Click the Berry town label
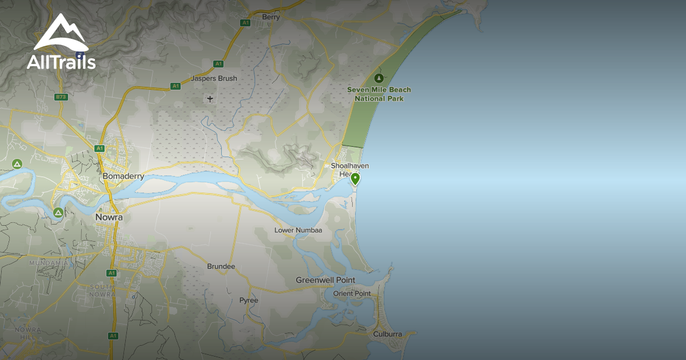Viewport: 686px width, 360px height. tap(271, 17)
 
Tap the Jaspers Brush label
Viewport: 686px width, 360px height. tap(214, 78)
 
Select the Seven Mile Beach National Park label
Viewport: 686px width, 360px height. tap(379, 94)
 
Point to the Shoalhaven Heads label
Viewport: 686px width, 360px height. tap(349, 170)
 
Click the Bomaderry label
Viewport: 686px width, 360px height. tap(123, 177)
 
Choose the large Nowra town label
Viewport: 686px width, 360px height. tap(109, 218)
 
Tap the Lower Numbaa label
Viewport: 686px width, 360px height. tap(298, 230)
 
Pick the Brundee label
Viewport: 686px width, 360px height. tap(221, 267)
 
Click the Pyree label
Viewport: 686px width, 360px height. tap(249, 301)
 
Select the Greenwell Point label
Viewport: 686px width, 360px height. tap(325, 280)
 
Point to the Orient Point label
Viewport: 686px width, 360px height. tap(352, 294)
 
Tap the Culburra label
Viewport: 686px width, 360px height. tap(388, 334)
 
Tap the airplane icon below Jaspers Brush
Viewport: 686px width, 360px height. tap(210, 99)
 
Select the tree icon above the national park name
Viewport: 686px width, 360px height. tap(378, 78)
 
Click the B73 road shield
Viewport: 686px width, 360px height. tap(61, 97)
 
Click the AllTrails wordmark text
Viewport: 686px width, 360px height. tap(61, 62)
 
